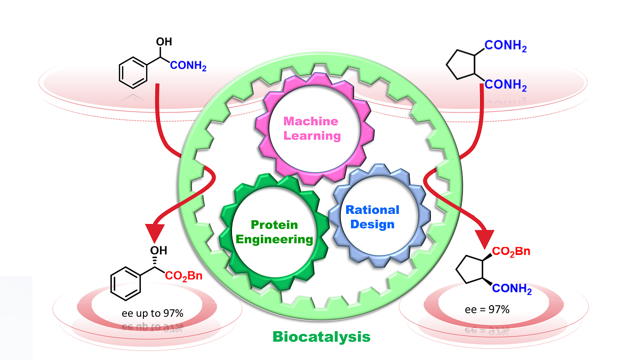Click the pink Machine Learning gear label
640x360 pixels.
click(x=311, y=128)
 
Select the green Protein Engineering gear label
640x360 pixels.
click(x=274, y=231)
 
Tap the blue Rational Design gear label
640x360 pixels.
click(x=372, y=217)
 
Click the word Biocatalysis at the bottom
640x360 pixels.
click(x=321, y=337)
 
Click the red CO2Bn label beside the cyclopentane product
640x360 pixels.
click(x=510, y=251)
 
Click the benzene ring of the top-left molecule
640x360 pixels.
click(x=132, y=74)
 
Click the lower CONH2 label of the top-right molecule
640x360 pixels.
click(x=506, y=85)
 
